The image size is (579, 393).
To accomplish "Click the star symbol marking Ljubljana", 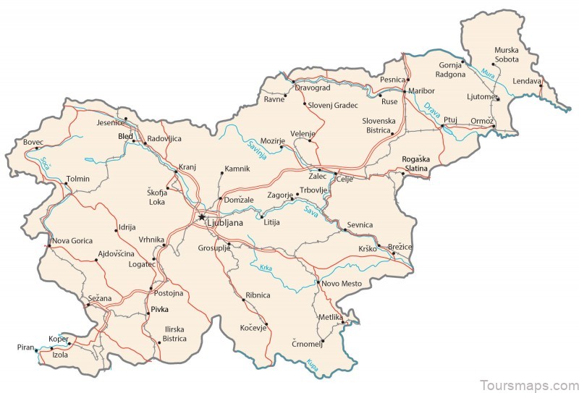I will tap(201, 216).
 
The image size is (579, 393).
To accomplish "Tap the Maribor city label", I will tap(421, 91).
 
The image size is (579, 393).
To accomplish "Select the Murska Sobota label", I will tap(507, 56).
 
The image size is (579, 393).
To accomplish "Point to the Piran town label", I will tap(25, 348).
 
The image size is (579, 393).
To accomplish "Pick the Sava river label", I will tap(311, 211).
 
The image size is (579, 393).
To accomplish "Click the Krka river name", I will tap(266, 268).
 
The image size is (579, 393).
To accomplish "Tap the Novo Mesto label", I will tap(341, 283).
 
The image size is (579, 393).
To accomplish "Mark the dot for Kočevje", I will tap(267, 324).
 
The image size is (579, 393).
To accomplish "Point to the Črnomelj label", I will tap(307, 343).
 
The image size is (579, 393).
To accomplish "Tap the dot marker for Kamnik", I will tap(222, 173).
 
